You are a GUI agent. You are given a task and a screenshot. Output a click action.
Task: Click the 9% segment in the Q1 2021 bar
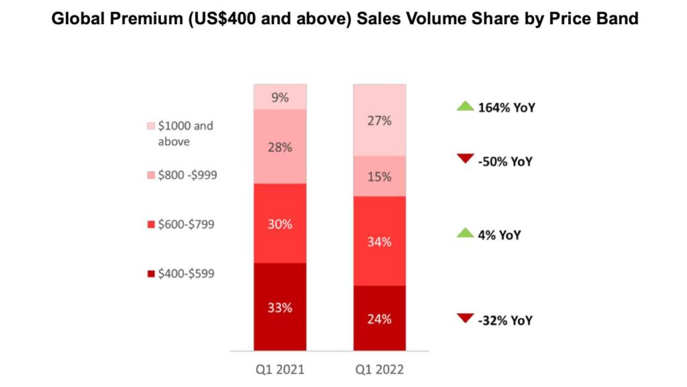click(x=280, y=97)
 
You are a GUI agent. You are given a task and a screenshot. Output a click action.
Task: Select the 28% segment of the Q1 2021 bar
click(x=280, y=146)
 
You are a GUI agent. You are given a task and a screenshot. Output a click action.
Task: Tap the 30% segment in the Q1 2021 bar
click(x=280, y=223)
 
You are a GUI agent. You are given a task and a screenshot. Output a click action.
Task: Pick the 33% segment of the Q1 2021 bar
click(x=280, y=306)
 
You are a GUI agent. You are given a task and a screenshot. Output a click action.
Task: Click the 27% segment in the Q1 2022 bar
click(x=380, y=120)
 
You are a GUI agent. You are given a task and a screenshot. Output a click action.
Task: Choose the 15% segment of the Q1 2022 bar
click(x=380, y=176)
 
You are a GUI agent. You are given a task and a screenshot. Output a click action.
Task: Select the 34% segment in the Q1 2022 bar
click(x=380, y=241)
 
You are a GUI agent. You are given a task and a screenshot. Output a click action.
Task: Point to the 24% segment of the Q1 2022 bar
click(x=380, y=318)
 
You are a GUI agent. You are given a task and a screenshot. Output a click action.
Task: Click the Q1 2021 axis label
click(x=280, y=370)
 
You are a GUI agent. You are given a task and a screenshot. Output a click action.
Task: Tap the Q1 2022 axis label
click(x=380, y=370)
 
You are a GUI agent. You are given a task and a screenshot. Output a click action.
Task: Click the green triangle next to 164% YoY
click(x=465, y=107)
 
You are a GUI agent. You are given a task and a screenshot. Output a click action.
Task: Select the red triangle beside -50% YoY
click(x=465, y=159)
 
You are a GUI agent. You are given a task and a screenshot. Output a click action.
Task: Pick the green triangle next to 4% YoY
click(x=465, y=233)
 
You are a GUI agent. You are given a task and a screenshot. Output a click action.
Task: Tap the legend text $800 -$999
click(x=187, y=175)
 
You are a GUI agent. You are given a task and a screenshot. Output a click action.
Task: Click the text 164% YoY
click(x=506, y=107)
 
